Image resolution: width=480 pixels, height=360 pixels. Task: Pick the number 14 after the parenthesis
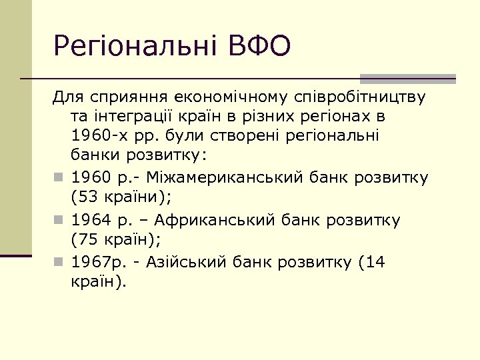(x=375, y=262)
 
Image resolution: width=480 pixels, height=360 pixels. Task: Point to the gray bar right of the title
(x=407, y=78)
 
